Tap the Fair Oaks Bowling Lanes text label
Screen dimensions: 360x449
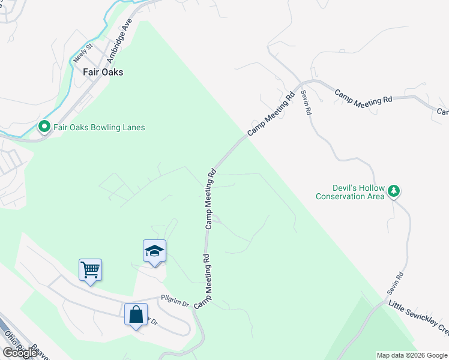98,127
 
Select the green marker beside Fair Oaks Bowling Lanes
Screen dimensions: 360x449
44,127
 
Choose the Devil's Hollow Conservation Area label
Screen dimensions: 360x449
350,192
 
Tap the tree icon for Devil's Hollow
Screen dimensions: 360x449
394,191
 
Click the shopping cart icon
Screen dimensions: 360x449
90,270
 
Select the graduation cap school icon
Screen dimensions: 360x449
154,251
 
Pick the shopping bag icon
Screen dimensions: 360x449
136,314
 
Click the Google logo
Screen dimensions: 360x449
20,353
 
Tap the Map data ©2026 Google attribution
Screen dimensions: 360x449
411,355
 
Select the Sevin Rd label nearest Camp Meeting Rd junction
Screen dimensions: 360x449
307,102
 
